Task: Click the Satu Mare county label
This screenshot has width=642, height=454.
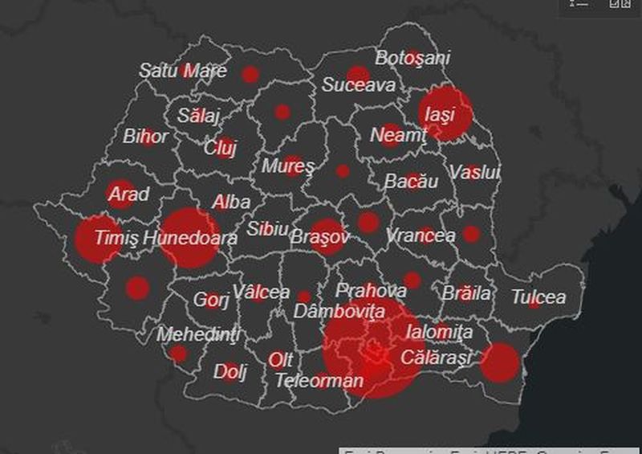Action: pos(183,70)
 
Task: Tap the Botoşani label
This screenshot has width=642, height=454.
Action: pos(413,58)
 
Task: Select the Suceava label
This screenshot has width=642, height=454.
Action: pos(359,84)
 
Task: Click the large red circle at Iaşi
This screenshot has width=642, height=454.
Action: pos(446,113)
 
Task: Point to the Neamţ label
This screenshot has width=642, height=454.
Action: pos(398,135)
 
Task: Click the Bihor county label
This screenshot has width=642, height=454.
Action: pos(145,136)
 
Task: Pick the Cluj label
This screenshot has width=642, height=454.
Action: pos(219,148)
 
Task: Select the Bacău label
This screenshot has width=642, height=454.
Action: pos(412,182)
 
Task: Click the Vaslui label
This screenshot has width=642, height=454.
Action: pos(474,172)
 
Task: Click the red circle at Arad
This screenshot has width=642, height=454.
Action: pos(121,194)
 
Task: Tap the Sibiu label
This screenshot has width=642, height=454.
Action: pos(267,228)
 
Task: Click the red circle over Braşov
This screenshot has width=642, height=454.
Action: pos(327,236)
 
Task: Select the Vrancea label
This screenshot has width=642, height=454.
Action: pos(421,235)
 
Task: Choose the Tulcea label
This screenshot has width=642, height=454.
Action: pos(538,297)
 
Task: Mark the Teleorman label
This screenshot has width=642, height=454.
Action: pos(319,380)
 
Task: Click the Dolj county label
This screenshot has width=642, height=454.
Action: pos(230,372)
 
